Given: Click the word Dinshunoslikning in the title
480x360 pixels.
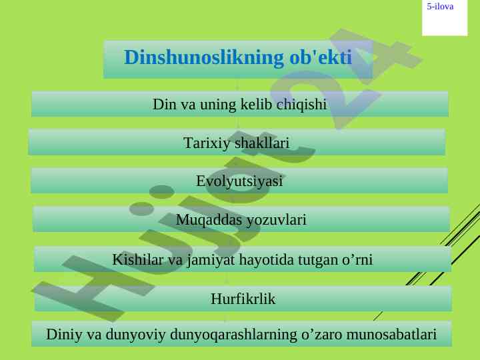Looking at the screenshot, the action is point(203,58).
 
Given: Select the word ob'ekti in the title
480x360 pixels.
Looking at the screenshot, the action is point(321,57).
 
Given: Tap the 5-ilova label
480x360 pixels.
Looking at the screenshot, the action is point(440,7).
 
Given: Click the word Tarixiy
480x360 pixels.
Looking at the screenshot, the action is point(207,143).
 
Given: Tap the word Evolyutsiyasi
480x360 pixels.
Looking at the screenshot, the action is point(239,181).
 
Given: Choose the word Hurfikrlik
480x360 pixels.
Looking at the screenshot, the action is point(243,299).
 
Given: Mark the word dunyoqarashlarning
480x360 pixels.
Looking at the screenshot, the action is point(233,335).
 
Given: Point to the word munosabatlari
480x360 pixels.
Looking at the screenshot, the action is point(391,334).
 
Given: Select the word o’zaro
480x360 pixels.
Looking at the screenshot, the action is point(322,335).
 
